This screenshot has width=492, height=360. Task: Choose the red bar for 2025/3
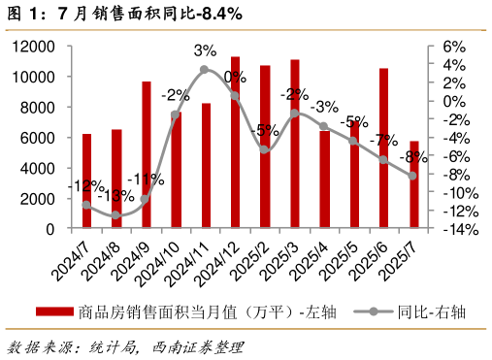(295, 145)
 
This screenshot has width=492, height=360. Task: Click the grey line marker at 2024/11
(205, 70)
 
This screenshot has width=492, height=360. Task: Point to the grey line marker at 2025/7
(413, 176)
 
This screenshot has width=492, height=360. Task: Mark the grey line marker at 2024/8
(116, 215)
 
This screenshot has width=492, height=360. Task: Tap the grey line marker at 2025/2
(265, 149)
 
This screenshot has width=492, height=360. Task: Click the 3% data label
(205, 50)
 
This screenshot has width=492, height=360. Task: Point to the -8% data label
(413, 157)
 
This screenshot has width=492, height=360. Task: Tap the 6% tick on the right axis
(454, 46)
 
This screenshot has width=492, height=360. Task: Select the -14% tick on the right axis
(461, 230)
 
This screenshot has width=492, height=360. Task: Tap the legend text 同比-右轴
(431, 312)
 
